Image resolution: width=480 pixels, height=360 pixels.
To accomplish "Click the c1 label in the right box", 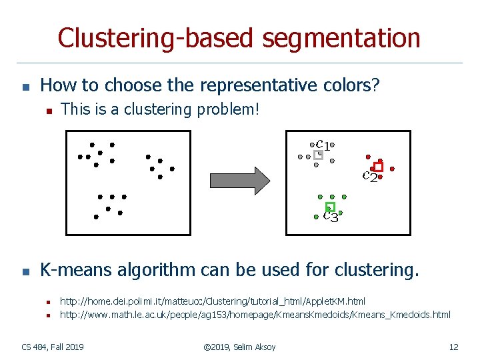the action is coord(323,144).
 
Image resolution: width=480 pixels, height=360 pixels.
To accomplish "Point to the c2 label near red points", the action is coord(370,177).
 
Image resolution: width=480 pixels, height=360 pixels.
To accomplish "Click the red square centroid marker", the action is coord(379,167).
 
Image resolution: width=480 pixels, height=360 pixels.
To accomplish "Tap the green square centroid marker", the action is coord(329,207).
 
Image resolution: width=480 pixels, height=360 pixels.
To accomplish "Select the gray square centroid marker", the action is coord(319,155).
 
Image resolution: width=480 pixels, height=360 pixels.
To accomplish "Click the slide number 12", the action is coord(453,347).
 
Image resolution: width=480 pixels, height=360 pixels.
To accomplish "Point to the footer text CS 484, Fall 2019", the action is coord(53,347).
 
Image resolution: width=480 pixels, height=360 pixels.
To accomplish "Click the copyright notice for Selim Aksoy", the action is coord(240,347).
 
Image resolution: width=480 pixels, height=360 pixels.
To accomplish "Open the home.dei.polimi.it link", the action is coord(213,302).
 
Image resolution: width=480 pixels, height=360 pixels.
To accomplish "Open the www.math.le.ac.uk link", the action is coord(255,314).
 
